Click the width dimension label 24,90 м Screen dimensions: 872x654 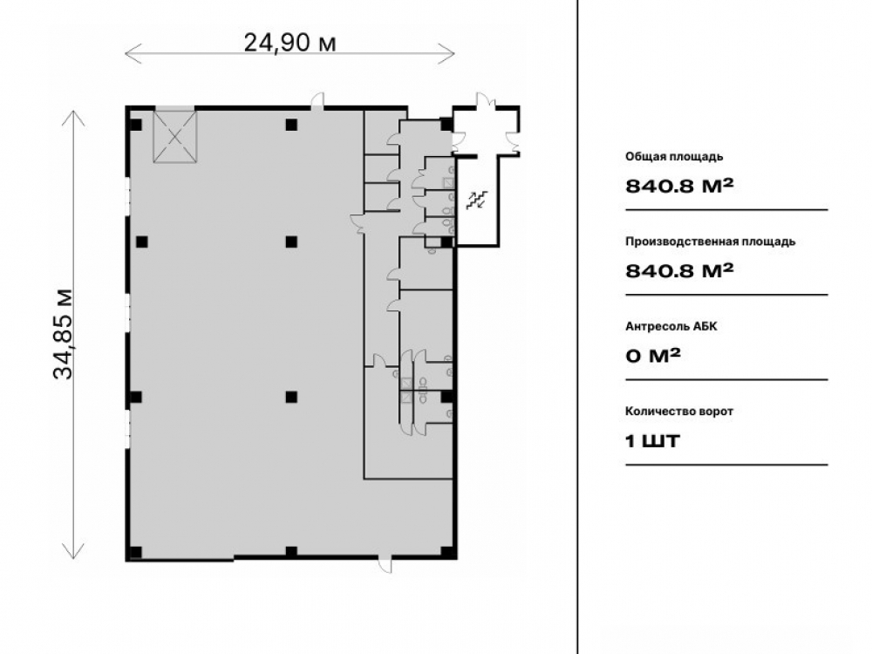pyautogui.click(x=290, y=43)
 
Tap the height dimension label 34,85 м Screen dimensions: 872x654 pyautogui.click(x=64, y=334)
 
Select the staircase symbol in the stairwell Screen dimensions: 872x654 pyautogui.click(x=477, y=201)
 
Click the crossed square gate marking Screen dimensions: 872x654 pyautogui.click(x=175, y=136)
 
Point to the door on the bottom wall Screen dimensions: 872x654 pyautogui.click(x=385, y=563)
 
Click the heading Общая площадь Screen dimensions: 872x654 pyautogui.click(x=674, y=156)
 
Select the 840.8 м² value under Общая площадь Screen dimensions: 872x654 pyautogui.click(x=679, y=185)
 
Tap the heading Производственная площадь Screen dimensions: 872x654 pyautogui.click(x=710, y=242)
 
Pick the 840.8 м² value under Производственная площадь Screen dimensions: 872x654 pyautogui.click(x=679, y=270)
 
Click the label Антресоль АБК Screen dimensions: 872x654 pyautogui.click(x=671, y=326)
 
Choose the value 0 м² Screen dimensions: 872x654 pyautogui.click(x=653, y=356)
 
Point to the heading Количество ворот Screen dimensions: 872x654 pyautogui.click(x=679, y=412)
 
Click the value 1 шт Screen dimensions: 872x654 pyautogui.click(x=652, y=441)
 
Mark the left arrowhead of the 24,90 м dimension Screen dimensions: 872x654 pyautogui.click(x=126, y=54)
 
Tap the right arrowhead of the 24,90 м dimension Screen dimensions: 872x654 pyautogui.click(x=454, y=54)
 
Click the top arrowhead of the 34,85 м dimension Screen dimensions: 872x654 pyautogui.click(x=73, y=112)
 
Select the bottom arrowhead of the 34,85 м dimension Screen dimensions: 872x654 pyautogui.click(x=73, y=558)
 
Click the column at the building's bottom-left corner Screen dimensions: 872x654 pyautogui.click(x=135, y=552)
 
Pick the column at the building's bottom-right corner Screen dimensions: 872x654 pyautogui.click(x=447, y=552)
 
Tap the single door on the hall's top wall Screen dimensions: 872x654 pyautogui.click(x=317, y=101)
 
